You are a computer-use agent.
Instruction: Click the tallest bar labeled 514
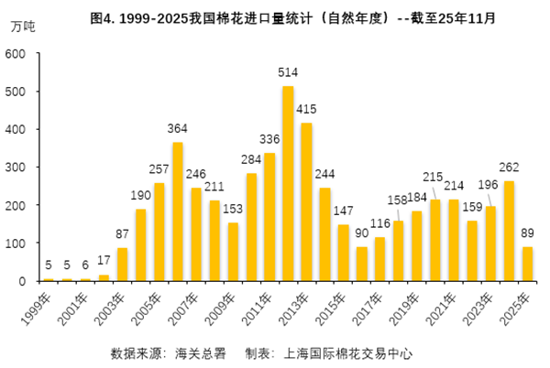pos(288,183)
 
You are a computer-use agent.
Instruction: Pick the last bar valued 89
pos(527,264)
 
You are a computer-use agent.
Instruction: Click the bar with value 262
pos(509,231)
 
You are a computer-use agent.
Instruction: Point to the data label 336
pos(269,140)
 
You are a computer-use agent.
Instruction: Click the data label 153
pos(233,210)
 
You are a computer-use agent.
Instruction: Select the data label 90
pos(361,233)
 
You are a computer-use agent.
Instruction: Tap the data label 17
pos(104,261)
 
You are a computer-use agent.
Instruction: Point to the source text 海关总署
pos(199,352)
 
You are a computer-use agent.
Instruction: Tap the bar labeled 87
pos(122,265)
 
